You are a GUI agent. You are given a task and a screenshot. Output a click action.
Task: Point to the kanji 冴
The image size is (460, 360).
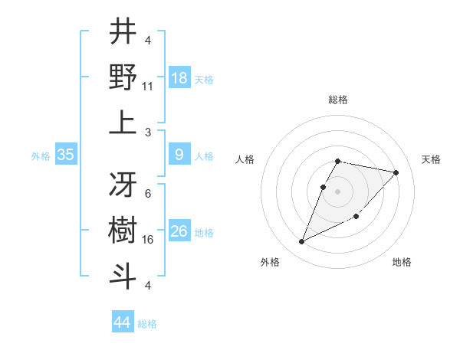click(x=123, y=184)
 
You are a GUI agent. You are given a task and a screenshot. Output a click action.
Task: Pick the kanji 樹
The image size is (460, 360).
click(x=123, y=229)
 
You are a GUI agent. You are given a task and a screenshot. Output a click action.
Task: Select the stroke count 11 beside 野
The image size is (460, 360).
click(x=148, y=87)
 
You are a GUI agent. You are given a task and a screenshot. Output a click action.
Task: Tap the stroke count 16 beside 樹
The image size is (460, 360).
click(x=148, y=240)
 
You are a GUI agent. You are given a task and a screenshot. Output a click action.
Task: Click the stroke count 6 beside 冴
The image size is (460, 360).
click(x=147, y=195)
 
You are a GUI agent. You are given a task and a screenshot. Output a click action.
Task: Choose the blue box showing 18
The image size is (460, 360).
click(x=179, y=78)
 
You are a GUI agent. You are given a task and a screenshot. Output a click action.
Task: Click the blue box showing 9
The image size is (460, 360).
click(x=179, y=155)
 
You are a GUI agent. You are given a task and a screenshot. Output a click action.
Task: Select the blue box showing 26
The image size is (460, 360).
click(x=179, y=231)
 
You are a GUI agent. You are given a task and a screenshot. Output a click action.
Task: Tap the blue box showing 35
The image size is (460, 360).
click(x=65, y=155)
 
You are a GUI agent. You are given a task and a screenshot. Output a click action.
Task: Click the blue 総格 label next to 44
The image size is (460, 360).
click(x=147, y=324)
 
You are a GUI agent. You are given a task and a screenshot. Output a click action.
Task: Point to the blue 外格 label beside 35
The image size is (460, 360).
click(x=41, y=156)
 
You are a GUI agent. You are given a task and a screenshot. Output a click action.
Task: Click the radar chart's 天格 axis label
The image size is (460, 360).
click(x=431, y=159)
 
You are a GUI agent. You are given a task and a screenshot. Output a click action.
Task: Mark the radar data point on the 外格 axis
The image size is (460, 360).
click(x=302, y=242)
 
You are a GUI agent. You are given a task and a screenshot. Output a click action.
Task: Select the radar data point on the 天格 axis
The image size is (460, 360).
click(x=396, y=172)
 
